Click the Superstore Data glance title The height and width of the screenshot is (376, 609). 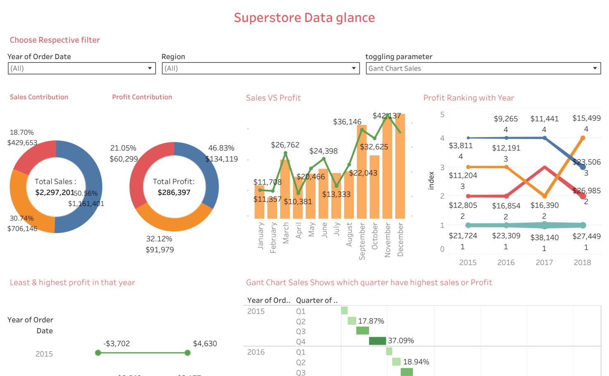point(304,18)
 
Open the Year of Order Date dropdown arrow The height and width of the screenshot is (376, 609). point(150,68)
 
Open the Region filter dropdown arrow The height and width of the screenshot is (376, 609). point(354,68)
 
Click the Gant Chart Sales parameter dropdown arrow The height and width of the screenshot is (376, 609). point(595,68)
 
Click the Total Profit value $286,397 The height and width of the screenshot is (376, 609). point(174,193)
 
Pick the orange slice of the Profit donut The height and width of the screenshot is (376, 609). point(174,219)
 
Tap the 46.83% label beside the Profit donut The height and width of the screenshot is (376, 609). point(221,148)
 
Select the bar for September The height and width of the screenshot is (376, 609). point(362,174)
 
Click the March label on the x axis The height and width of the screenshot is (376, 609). point(285,233)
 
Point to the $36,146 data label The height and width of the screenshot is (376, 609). point(347,122)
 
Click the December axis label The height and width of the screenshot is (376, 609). point(400,239)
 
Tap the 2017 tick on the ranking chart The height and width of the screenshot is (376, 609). point(544,263)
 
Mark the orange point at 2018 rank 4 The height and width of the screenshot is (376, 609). point(583,138)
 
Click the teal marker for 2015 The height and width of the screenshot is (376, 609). point(468,225)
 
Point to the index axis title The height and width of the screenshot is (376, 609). point(431,181)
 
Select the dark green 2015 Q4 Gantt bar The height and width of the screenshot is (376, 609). point(377,341)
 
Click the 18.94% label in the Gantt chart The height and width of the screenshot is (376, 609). point(416,362)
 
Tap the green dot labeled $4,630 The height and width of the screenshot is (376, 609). point(187,353)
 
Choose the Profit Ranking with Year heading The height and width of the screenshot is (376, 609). point(468,98)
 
